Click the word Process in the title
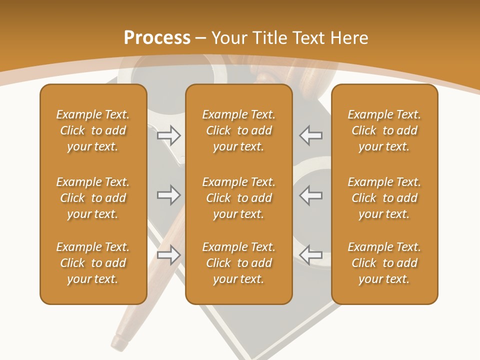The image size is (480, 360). click(x=157, y=37)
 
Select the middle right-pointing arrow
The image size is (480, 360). click(x=168, y=195)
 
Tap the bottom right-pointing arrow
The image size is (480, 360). click(x=168, y=254)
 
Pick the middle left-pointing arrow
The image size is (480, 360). click(x=311, y=195)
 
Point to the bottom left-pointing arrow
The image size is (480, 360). click(x=311, y=254)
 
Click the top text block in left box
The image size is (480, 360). click(x=93, y=130)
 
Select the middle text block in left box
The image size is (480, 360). click(x=93, y=198)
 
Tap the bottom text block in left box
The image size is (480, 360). click(x=93, y=263)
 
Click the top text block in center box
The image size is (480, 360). click(x=238, y=130)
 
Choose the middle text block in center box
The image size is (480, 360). click(x=238, y=198)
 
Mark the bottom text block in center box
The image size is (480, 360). click(x=238, y=263)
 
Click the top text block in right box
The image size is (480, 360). click(x=384, y=130)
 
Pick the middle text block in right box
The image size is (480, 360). click(x=384, y=198)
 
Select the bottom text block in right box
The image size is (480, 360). click(x=384, y=263)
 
